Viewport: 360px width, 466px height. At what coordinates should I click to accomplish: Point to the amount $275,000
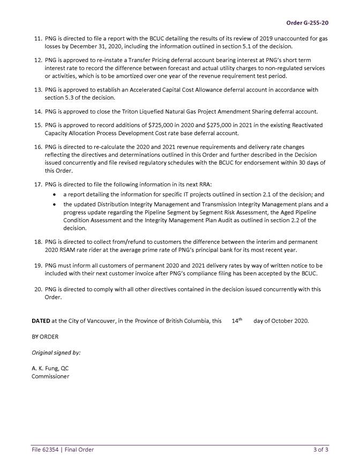point(228,125)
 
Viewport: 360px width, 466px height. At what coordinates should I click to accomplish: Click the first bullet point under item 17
point(56,194)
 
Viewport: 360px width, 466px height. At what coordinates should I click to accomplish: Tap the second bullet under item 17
point(56,205)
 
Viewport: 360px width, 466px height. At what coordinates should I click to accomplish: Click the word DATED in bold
point(41,321)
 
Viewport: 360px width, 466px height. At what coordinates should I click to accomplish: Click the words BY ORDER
point(45,337)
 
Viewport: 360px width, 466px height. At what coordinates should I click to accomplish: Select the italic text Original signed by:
point(56,353)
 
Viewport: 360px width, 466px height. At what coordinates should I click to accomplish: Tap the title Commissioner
point(50,377)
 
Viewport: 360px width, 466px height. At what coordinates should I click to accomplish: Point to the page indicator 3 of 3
point(320,450)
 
